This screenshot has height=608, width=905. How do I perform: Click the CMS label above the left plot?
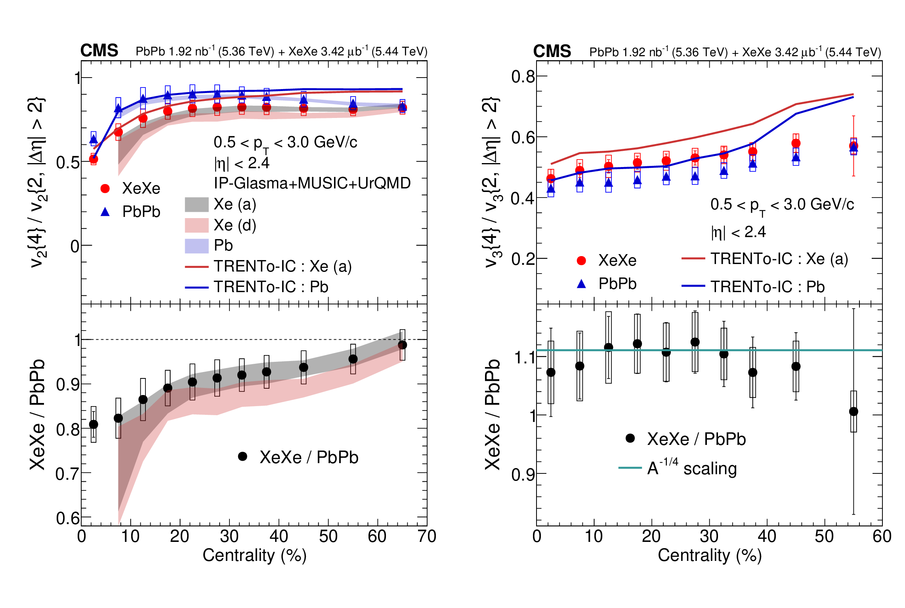(x=99, y=51)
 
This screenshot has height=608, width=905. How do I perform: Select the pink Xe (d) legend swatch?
(x=197, y=225)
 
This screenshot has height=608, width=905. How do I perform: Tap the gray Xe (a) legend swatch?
(x=197, y=205)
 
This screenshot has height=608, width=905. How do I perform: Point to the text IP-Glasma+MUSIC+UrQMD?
(x=312, y=183)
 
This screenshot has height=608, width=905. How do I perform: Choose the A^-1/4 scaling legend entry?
(x=678, y=468)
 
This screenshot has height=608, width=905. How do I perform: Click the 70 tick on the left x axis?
(x=427, y=536)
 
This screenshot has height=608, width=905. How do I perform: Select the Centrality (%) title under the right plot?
(x=710, y=555)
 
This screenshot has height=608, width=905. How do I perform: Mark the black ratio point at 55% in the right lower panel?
(x=853, y=412)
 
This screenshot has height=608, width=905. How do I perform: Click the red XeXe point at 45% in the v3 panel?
(x=796, y=143)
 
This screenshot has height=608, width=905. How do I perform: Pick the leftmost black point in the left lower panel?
(x=94, y=424)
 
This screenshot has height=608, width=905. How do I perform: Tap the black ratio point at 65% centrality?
(x=402, y=345)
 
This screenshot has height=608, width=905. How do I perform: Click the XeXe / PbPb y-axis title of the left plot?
(x=37, y=414)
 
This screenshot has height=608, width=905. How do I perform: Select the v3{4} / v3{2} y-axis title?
(x=491, y=182)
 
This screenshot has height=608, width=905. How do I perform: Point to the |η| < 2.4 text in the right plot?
(x=738, y=232)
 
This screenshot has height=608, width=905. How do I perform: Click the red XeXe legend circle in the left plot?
(x=105, y=188)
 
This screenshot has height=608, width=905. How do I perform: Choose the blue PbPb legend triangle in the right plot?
(x=581, y=284)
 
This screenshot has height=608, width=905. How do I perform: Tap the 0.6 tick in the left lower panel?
(x=68, y=518)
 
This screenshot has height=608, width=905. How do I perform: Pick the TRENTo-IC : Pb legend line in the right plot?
(x=693, y=286)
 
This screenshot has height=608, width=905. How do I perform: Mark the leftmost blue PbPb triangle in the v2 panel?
(x=94, y=139)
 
